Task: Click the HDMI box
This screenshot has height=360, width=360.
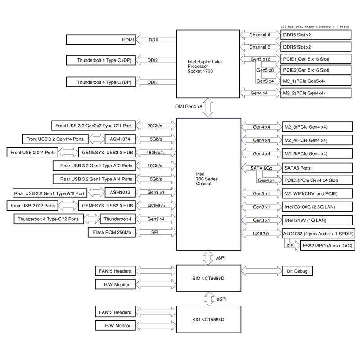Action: tap(101, 40)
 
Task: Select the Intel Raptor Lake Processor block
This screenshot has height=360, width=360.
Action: tap(208, 64)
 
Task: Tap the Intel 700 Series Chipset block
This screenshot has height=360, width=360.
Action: tap(209, 184)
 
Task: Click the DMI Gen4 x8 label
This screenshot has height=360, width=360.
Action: tap(189, 107)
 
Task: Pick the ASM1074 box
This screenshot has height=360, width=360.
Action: tap(120, 139)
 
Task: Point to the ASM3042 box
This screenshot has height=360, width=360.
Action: tap(120, 193)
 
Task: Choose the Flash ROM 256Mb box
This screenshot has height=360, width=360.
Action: tap(112, 232)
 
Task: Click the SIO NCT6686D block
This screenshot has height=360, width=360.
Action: tap(209, 278)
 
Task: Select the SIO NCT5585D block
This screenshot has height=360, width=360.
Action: tap(209, 319)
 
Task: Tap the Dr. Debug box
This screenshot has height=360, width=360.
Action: tap(297, 271)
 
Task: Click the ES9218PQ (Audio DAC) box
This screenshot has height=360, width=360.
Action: tap(328, 246)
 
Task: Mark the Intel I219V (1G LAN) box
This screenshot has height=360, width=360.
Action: tap(317, 220)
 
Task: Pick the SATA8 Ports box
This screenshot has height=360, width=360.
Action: tap(317, 168)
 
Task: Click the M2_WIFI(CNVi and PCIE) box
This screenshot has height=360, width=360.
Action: tap(317, 193)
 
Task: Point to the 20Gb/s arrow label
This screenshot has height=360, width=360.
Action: tap(155, 126)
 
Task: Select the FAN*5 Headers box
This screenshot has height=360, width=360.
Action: tap(115, 271)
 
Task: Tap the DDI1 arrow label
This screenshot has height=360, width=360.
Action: tap(154, 40)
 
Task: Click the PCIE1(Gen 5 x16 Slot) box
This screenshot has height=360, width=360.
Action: tap(316, 59)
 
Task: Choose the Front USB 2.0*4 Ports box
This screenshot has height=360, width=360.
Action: tap(32, 153)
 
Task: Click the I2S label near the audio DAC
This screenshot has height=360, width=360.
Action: tap(290, 246)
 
